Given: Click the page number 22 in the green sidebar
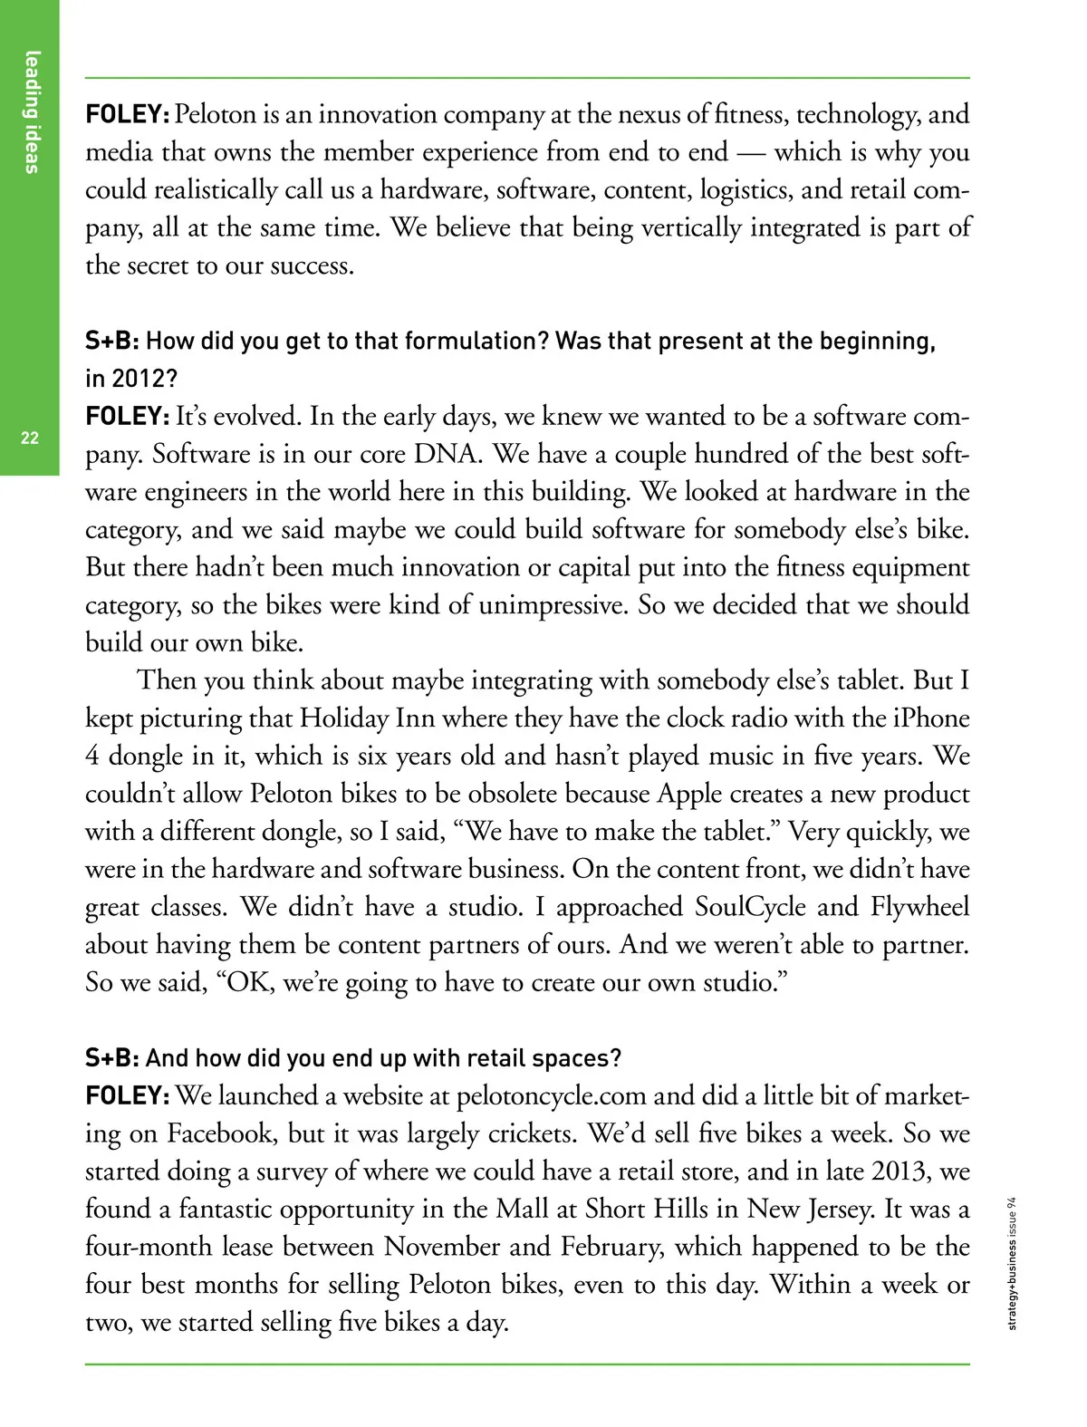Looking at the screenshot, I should [x=30, y=439].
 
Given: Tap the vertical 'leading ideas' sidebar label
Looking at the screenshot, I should [x=33, y=111].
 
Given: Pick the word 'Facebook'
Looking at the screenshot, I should [x=222, y=1133].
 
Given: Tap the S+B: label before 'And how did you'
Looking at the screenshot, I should [x=112, y=1058].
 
